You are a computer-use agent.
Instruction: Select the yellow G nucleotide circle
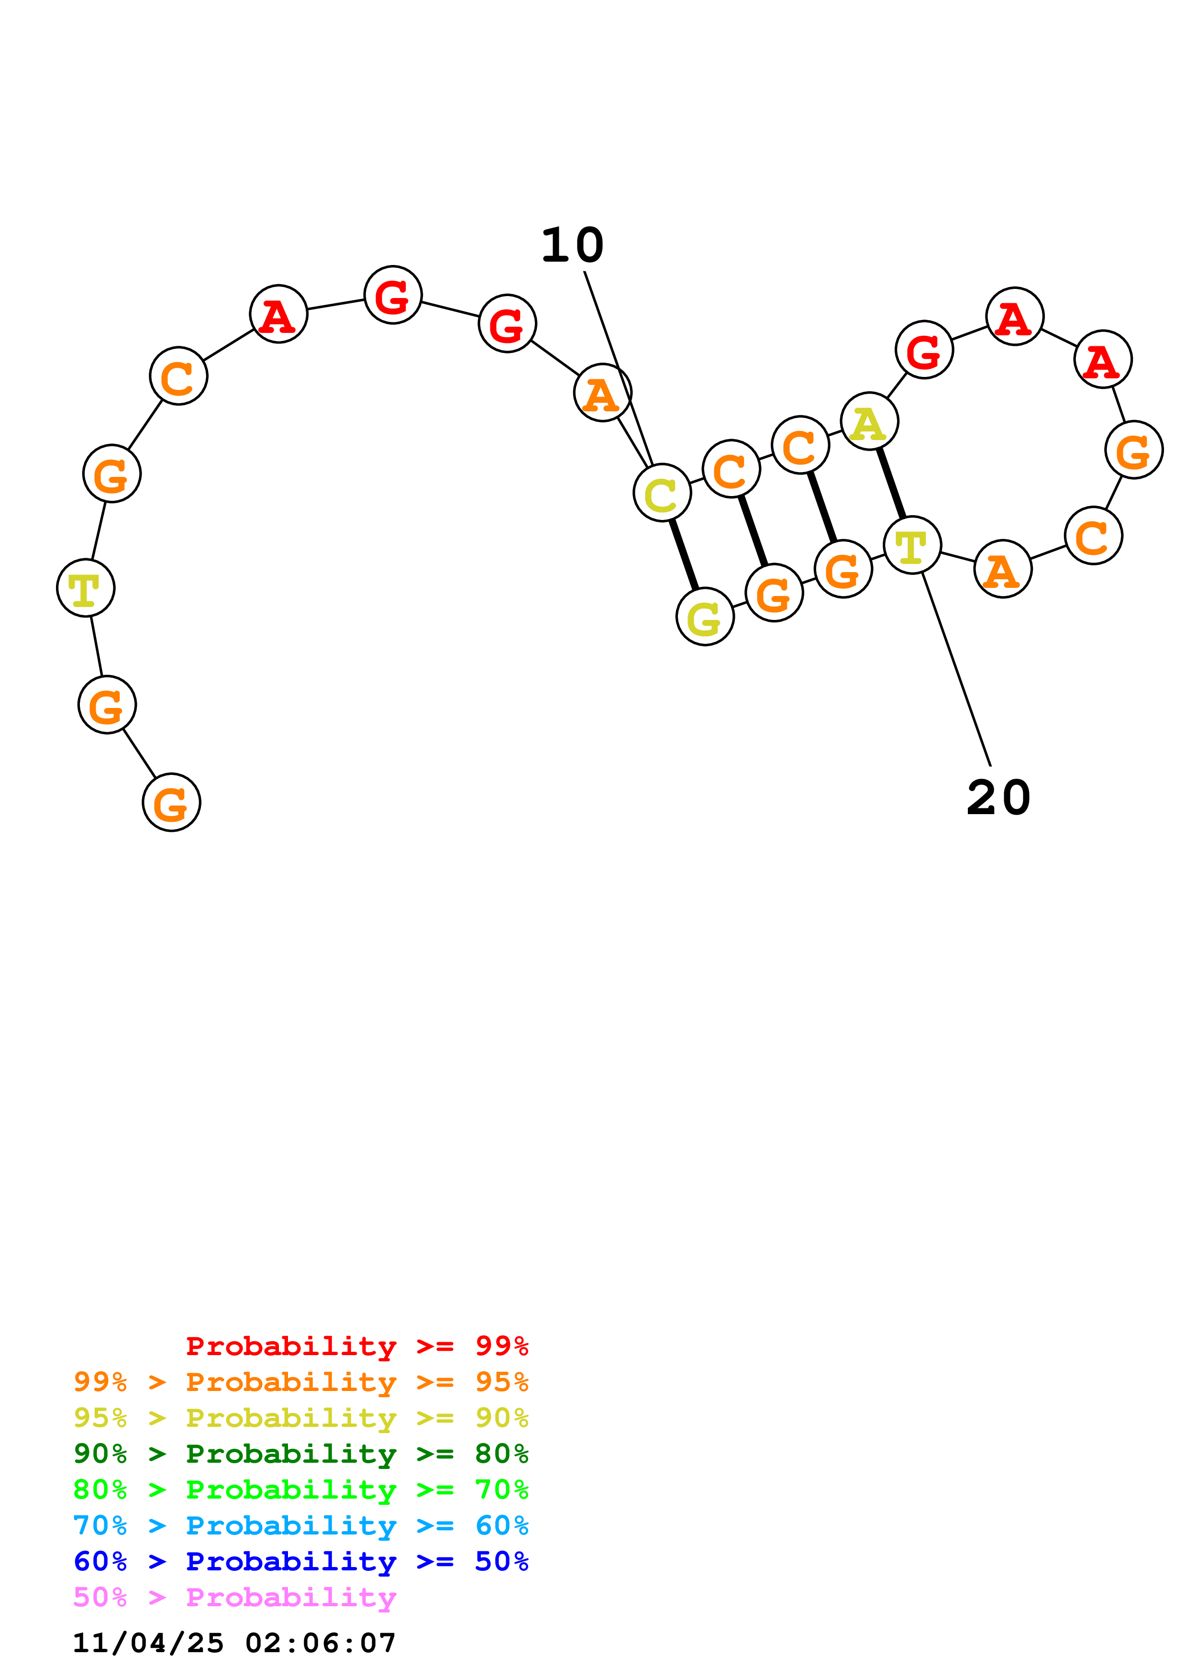point(704,617)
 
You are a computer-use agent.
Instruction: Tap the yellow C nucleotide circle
point(662,493)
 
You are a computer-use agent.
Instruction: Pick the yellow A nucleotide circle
point(869,422)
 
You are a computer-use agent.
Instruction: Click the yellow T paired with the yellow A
point(912,545)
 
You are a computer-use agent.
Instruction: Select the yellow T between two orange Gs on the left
point(86,588)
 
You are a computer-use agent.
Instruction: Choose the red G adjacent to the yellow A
point(924,350)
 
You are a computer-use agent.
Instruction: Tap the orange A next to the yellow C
point(602,393)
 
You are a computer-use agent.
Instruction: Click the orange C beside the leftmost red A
point(178,376)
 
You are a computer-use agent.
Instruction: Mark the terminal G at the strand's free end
point(171,803)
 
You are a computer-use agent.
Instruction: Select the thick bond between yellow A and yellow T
point(891,484)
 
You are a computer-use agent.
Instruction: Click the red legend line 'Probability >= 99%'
point(356,1346)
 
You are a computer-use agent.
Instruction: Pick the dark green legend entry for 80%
point(300,1454)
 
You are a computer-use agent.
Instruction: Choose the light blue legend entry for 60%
point(300,1525)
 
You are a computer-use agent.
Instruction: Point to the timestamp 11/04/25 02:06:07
point(234,1643)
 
